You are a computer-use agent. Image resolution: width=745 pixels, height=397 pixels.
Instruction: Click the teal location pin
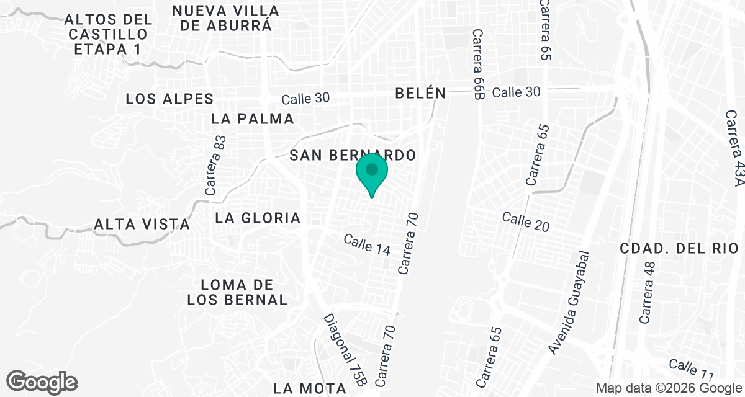[372, 174]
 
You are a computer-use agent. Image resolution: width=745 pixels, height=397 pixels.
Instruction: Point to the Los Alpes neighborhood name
[169, 99]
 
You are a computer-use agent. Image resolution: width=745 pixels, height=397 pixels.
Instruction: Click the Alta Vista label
[142, 224]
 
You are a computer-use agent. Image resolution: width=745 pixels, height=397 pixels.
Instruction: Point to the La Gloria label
[258, 218]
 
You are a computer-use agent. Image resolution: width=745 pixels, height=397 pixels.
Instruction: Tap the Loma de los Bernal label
[238, 292]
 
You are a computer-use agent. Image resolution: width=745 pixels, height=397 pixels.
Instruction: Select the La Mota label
[309, 388]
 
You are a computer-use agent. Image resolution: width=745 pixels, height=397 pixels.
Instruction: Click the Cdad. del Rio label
[679, 249]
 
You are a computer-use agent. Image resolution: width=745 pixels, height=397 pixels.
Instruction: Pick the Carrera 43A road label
[734, 149]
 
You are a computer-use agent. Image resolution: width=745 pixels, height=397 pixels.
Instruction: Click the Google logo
[42, 381]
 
